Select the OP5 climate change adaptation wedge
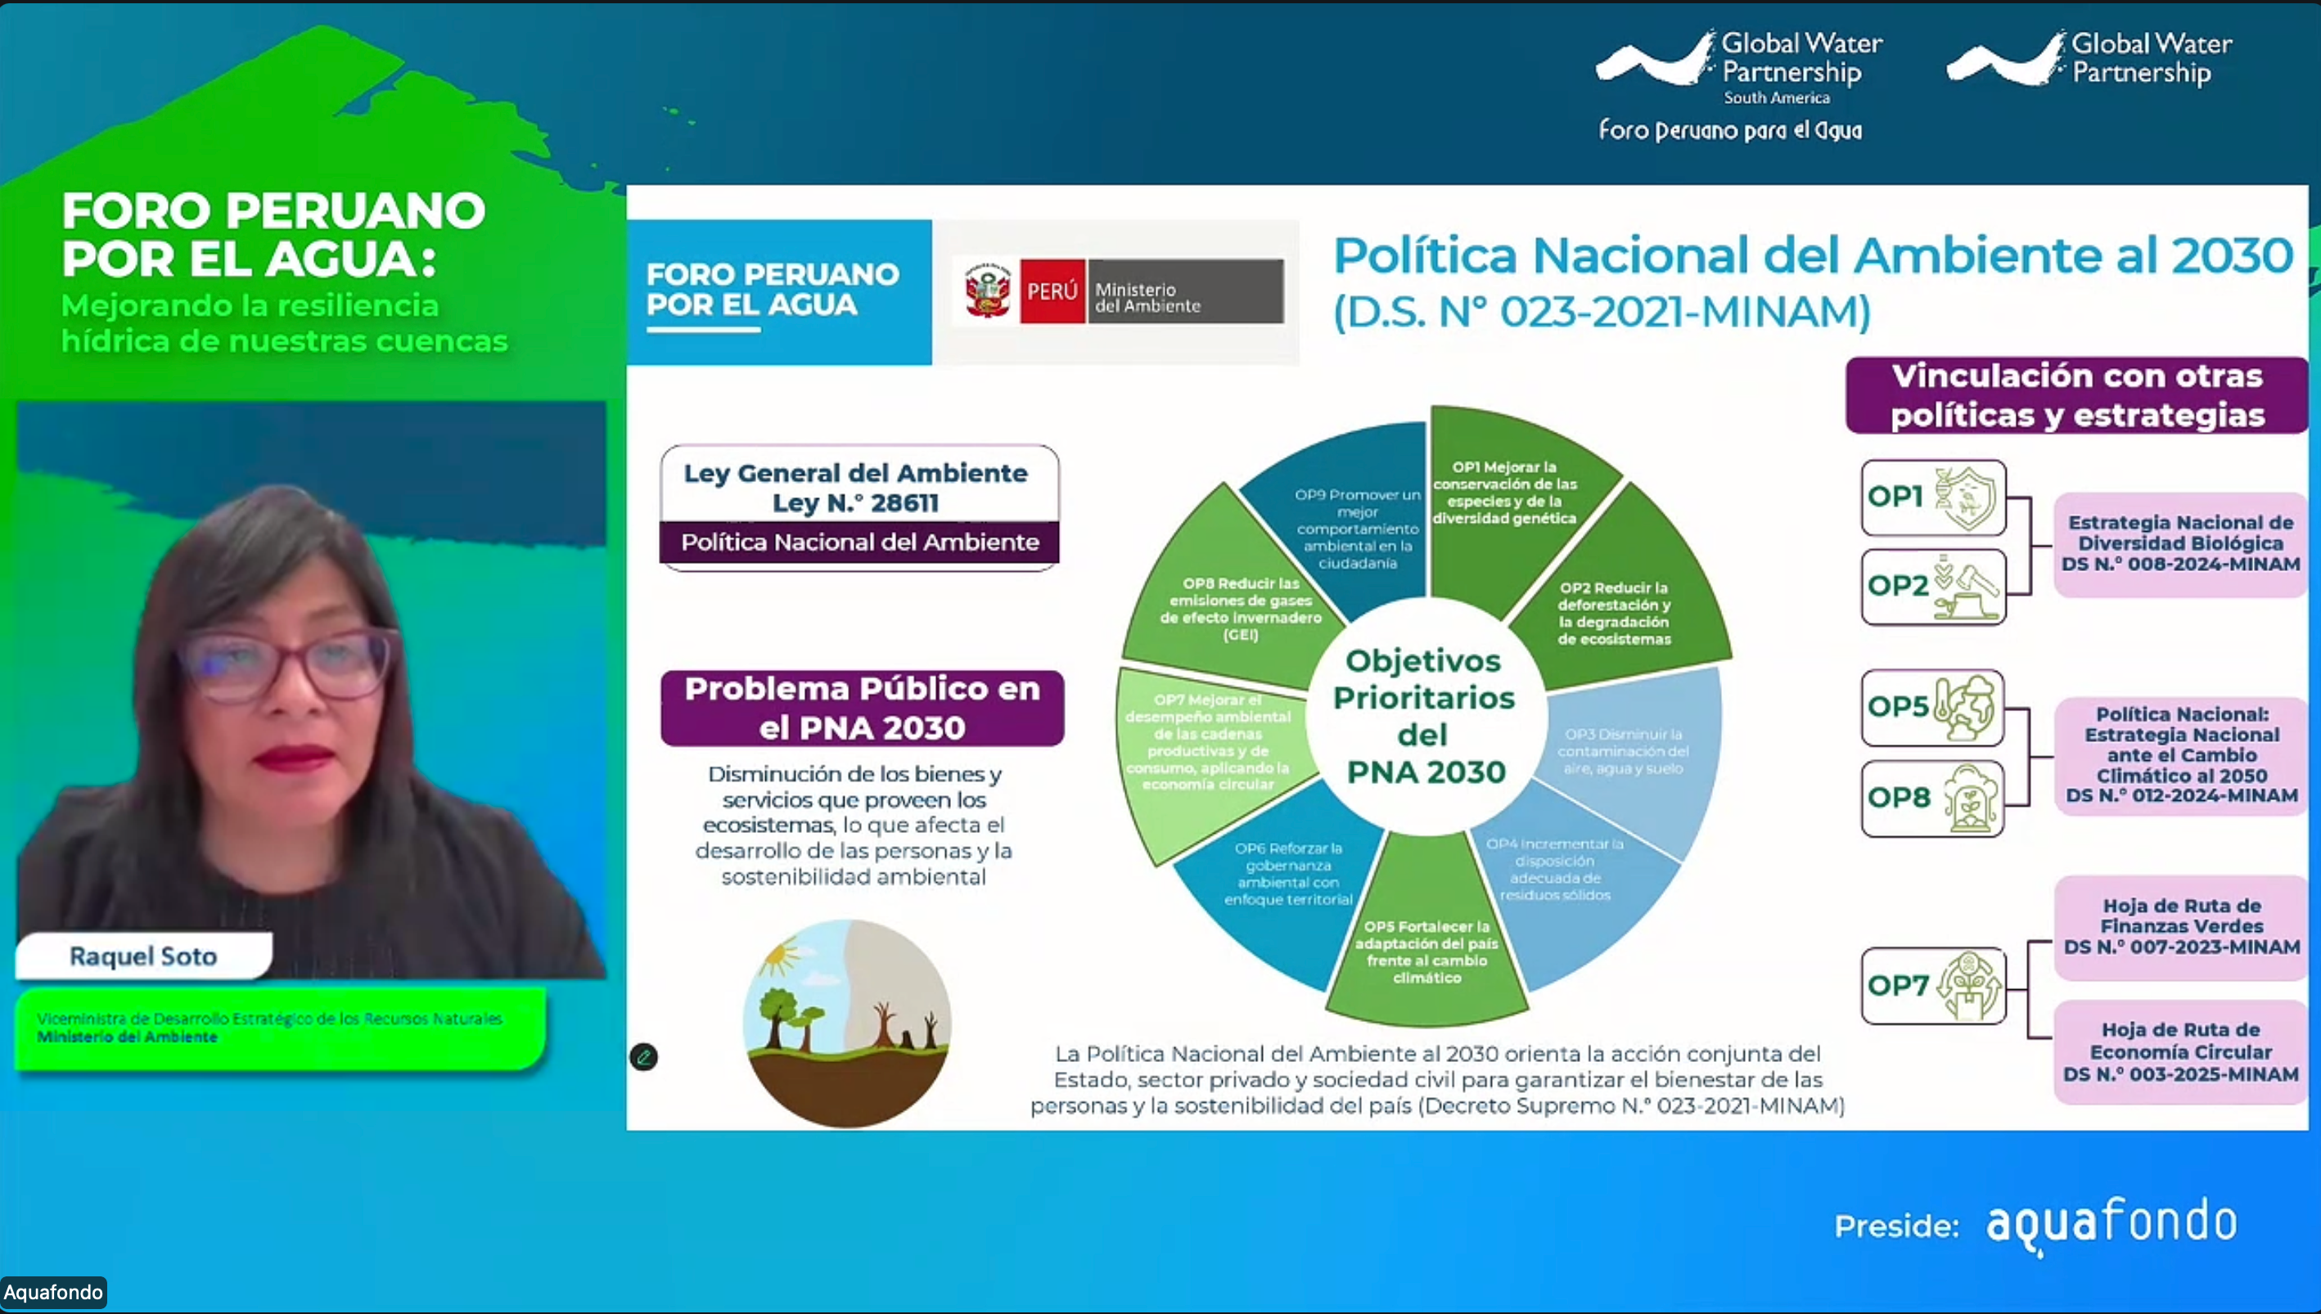pos(1426,952)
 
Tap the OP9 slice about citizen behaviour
pos(1356,528)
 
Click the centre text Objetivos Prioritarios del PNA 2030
pos(1424,716)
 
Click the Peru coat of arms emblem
pos(987,290)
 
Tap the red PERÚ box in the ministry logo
pos(1052,290)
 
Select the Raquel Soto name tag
pos(143,956)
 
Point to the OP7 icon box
pos(1933,985)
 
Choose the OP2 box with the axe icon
pos(1933,587)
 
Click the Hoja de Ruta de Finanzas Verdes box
pos(2180,926)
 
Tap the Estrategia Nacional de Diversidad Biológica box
pos(2180,543)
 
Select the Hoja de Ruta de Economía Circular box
pos(2180,1051)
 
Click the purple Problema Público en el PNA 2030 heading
pos(862,708)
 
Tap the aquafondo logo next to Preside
pos(2111,1224)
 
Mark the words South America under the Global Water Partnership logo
pos(1776,97)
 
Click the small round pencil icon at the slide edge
pos(643,1057)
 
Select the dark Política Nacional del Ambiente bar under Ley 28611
pos(859,542)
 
